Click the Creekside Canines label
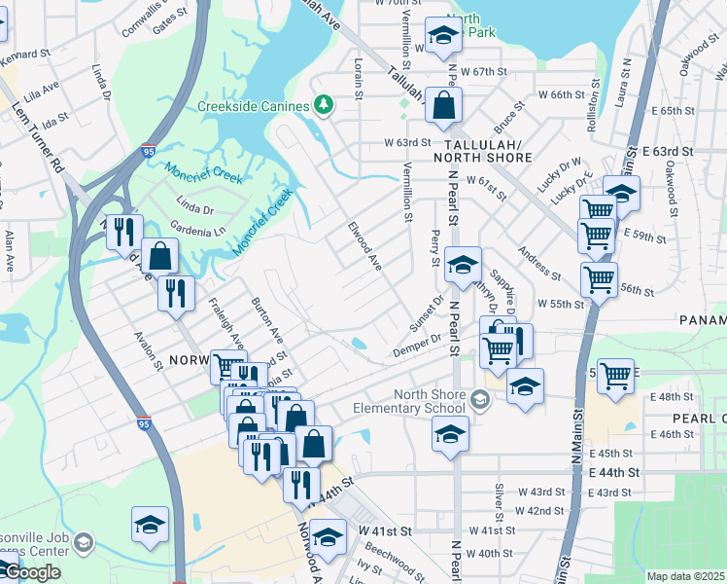(253, 105)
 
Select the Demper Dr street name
(417, 345)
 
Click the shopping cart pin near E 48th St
(615, 375)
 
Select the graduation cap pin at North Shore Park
(442, 36)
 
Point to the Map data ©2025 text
(685, 576)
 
